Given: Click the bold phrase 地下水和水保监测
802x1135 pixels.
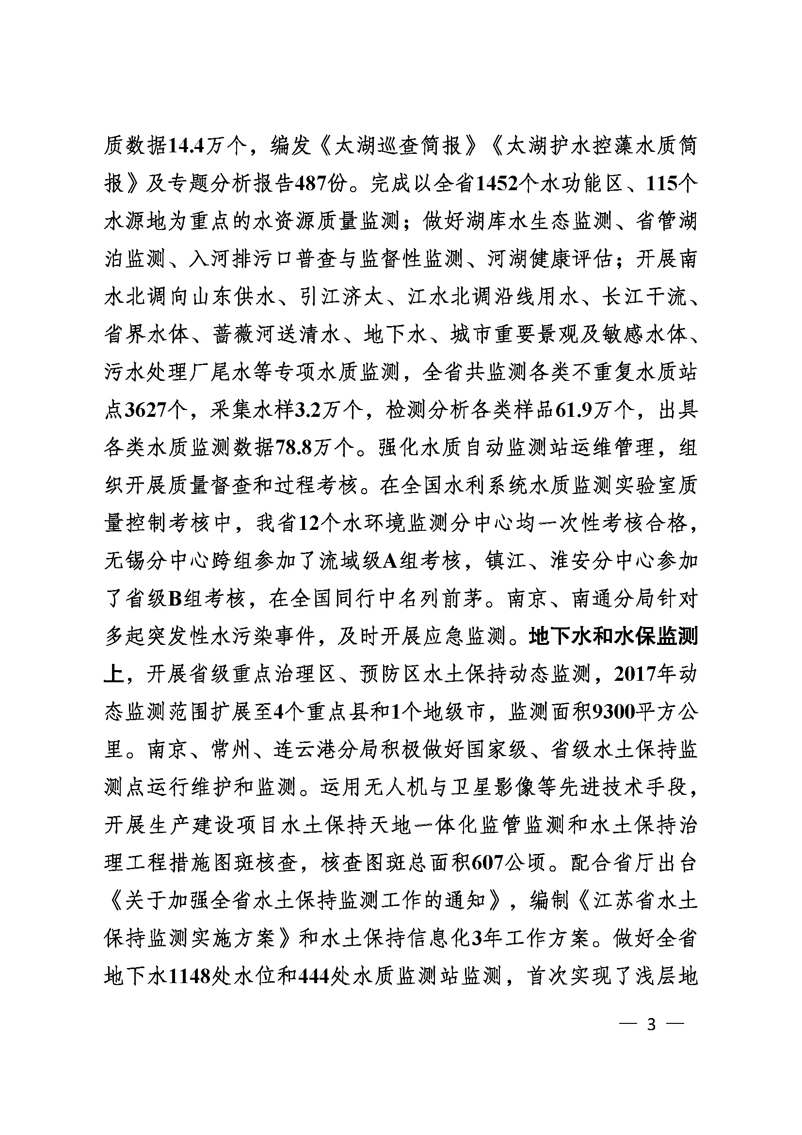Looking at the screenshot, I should coord(613,637).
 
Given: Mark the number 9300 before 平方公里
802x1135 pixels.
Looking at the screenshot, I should coord(613,712).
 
